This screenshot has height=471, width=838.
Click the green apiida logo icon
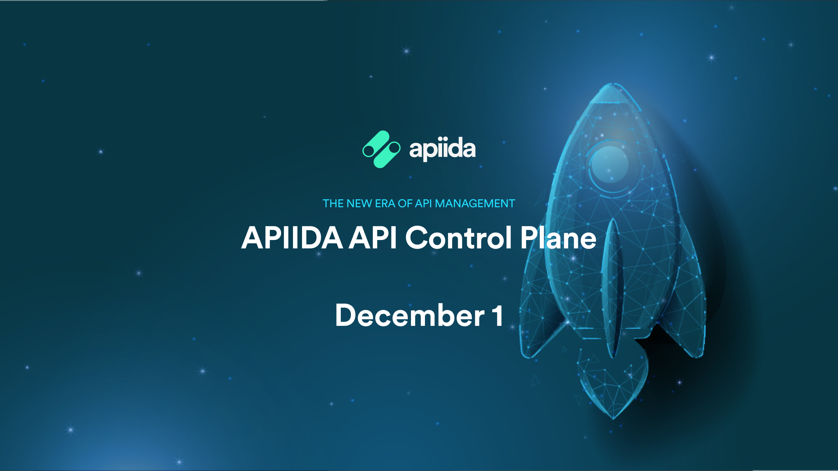coord(381,149)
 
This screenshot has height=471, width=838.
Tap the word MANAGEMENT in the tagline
coord(475,203)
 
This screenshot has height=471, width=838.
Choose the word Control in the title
coord(458,238)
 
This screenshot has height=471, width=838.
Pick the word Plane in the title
coord(558,238)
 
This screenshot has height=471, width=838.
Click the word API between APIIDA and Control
coord(373,238)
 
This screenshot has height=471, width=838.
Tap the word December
coord(410,316)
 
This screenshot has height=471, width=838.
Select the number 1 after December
coord(498,316)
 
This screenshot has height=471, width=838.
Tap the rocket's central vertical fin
coord(613,286)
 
